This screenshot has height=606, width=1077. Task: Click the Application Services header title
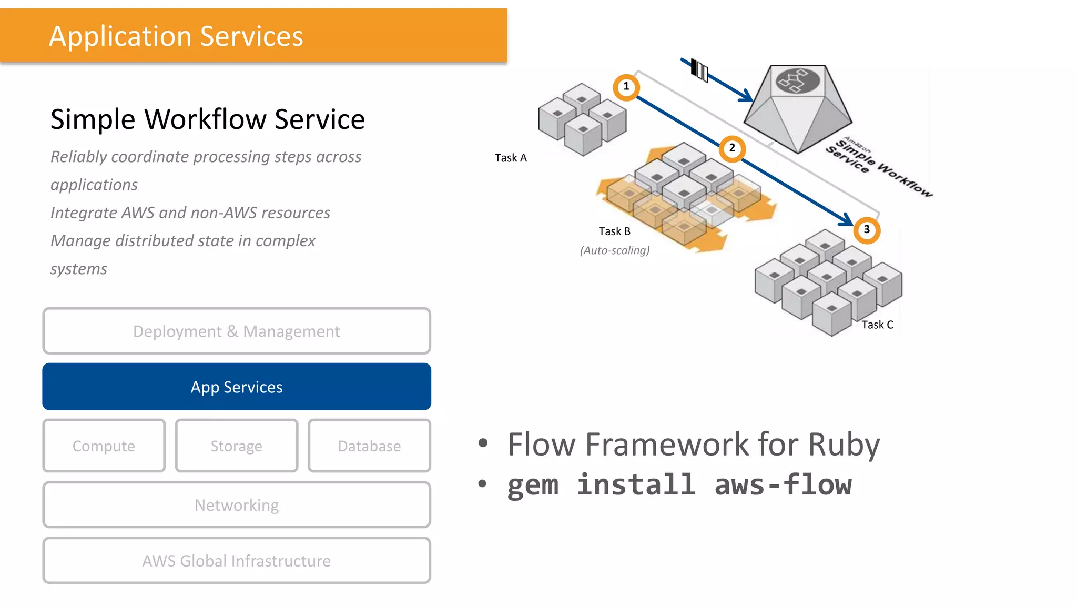click(x=176, y=36)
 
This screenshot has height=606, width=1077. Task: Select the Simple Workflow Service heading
click(x=207, y=119)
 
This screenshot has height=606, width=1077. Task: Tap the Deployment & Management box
click(x=237, y=331)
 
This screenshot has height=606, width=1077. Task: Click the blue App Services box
click(x=237, y=387)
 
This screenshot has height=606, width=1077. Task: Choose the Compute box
click(x=104, y=446)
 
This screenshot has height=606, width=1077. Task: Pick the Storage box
click(x=237, y=446)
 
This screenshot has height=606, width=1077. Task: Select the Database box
click(x=369, y=446)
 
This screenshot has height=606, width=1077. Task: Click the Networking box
click(x=237, y=504)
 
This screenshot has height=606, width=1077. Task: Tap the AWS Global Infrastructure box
click(x=237, y=560)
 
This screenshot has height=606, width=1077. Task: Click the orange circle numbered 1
click(x=626, y=87)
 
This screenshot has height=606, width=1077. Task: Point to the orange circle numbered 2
click(x=732, y=148)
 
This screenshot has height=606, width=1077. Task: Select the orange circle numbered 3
click(x=867, y=230)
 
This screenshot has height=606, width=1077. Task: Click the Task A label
click(x=511, y=158)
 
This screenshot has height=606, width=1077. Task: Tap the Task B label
click(x=614, y=231)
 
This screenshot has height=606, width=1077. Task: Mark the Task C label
click(x=877, y=325)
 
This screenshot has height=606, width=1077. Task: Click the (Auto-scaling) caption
click(x=615, y=250)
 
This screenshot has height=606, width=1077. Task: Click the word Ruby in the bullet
click(x=844, y=445)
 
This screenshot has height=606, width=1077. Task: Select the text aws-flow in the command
click(x=783, y=484)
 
